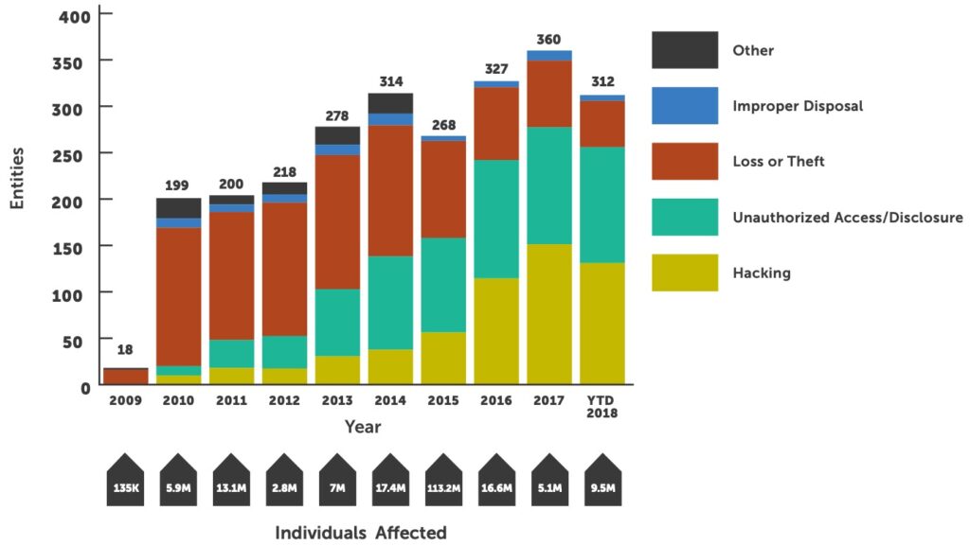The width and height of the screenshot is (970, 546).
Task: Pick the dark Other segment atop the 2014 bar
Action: tap(390, 102)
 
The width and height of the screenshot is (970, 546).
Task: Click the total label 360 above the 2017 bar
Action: tap(549, 39)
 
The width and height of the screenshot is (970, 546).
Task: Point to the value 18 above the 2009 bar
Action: tap(125, 350)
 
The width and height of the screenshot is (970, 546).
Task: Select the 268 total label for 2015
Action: tap(443, 125)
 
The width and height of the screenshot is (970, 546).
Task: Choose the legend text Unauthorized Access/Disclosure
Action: tap(848, 218)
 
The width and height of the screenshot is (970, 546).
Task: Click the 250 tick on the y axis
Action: tap(75, 153)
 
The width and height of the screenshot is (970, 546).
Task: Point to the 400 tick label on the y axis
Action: tap(75, 15)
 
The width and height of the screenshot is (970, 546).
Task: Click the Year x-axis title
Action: tap(363, 427)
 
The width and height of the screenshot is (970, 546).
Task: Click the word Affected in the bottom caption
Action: tap(410, 532)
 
